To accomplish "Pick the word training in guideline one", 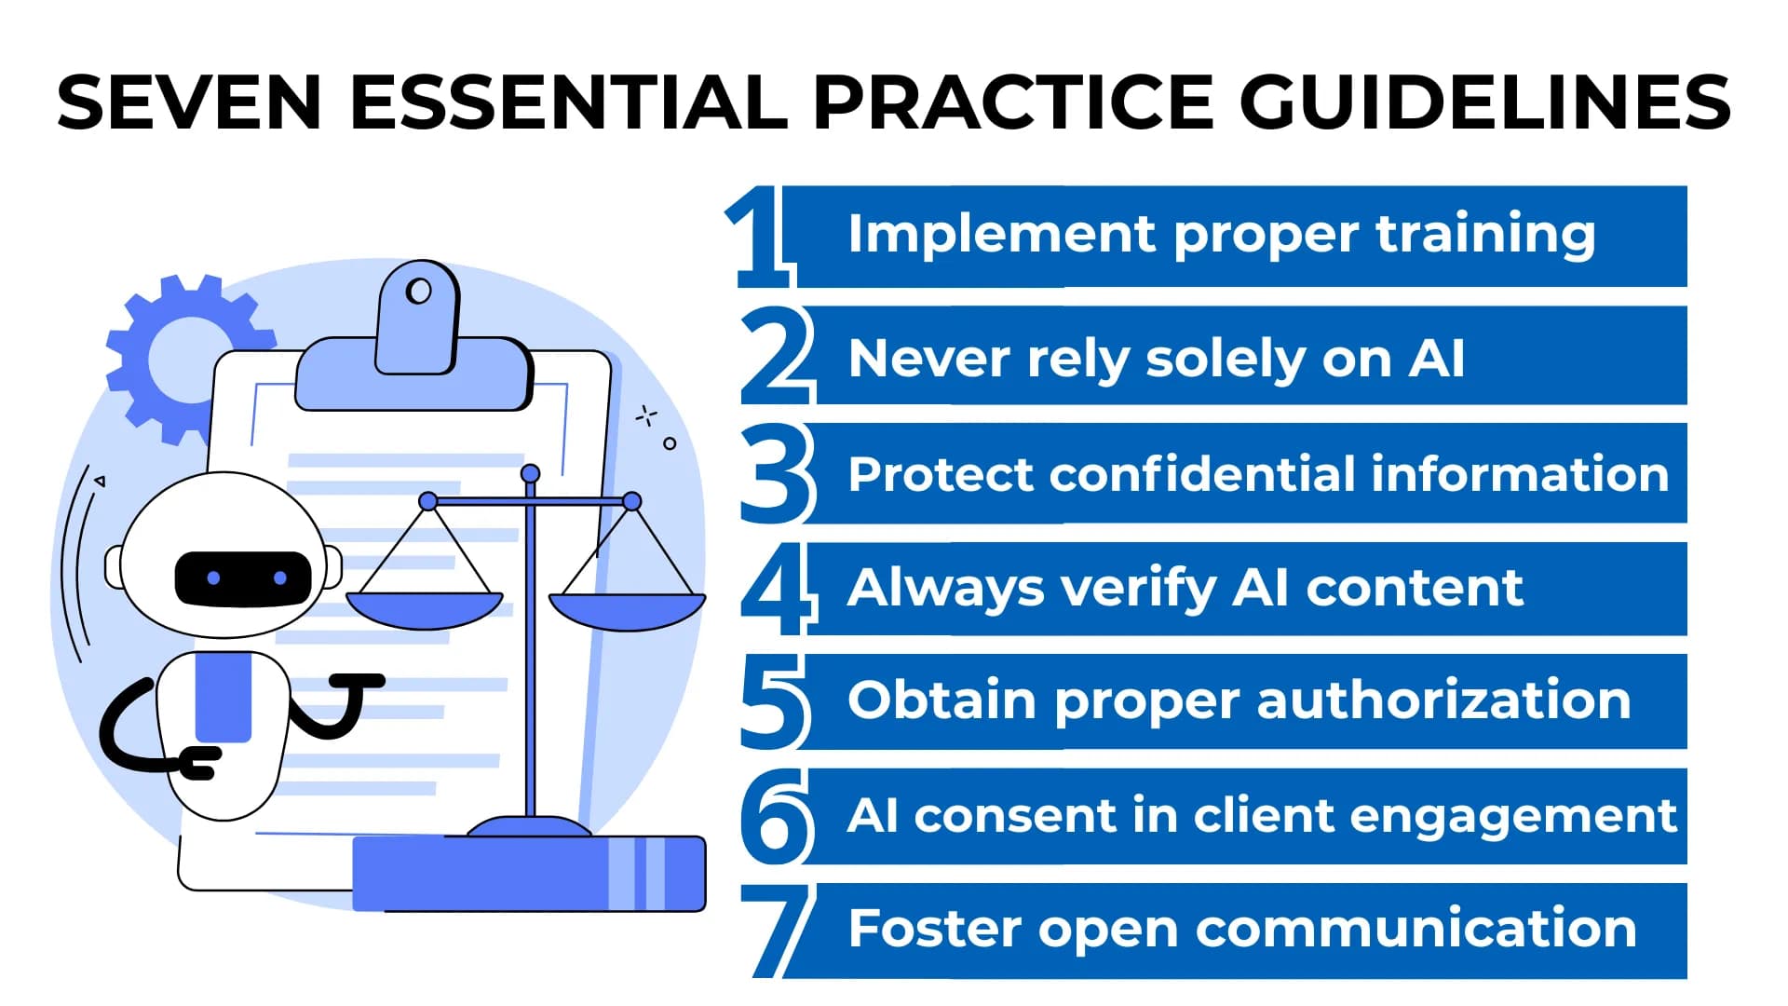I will click(x=1485, y=234).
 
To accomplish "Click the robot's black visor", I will click(x=243, y=578).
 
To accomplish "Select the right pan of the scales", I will click(x=627, y=610).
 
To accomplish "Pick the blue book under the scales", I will click(x=528, y=874).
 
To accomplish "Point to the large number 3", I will click(x=777, y=472).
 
